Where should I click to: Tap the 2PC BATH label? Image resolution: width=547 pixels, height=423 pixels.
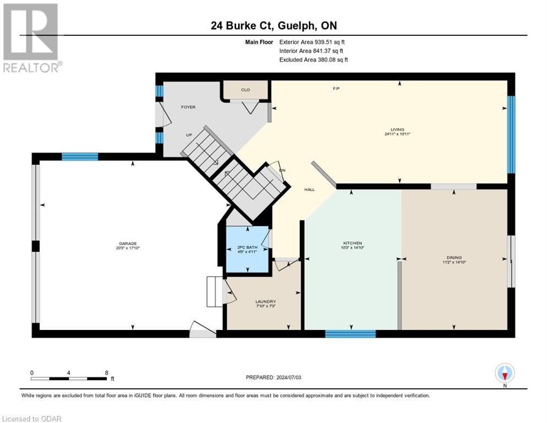pyautogui.click(x=247, y=247)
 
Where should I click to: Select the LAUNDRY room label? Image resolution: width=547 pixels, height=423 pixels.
pyautogui.click(x=265, y=301)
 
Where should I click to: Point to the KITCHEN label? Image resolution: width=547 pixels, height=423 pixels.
pyautogui.click(x=352, y=243)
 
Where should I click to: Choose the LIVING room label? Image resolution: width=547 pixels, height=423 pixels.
pyautogui.click(x=398, y=129)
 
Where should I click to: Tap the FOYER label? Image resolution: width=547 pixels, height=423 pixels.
pyautogui.click(x=188, y=107)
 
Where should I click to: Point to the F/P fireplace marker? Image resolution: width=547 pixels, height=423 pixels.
pyautogui.click(x=336, y=89)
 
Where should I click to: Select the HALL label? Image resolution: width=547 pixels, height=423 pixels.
pyautogui.click(x=310, y=189)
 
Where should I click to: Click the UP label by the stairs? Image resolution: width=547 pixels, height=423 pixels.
pyautogui.click(x=188, y=134)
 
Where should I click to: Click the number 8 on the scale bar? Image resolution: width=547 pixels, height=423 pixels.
pyautogui.click(x=106, y=372)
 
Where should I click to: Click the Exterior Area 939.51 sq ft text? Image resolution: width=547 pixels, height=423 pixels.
pyautogui.click(x=312, y=42)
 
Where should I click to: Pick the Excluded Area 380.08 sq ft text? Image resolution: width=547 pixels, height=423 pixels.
pyautogui.click(x=313, y=59)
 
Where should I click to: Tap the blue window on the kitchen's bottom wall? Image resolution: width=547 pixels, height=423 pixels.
pyautogui.click(x=350, y=333)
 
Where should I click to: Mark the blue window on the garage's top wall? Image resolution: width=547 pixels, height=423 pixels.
pyautogui.click(x=80, y=156)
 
